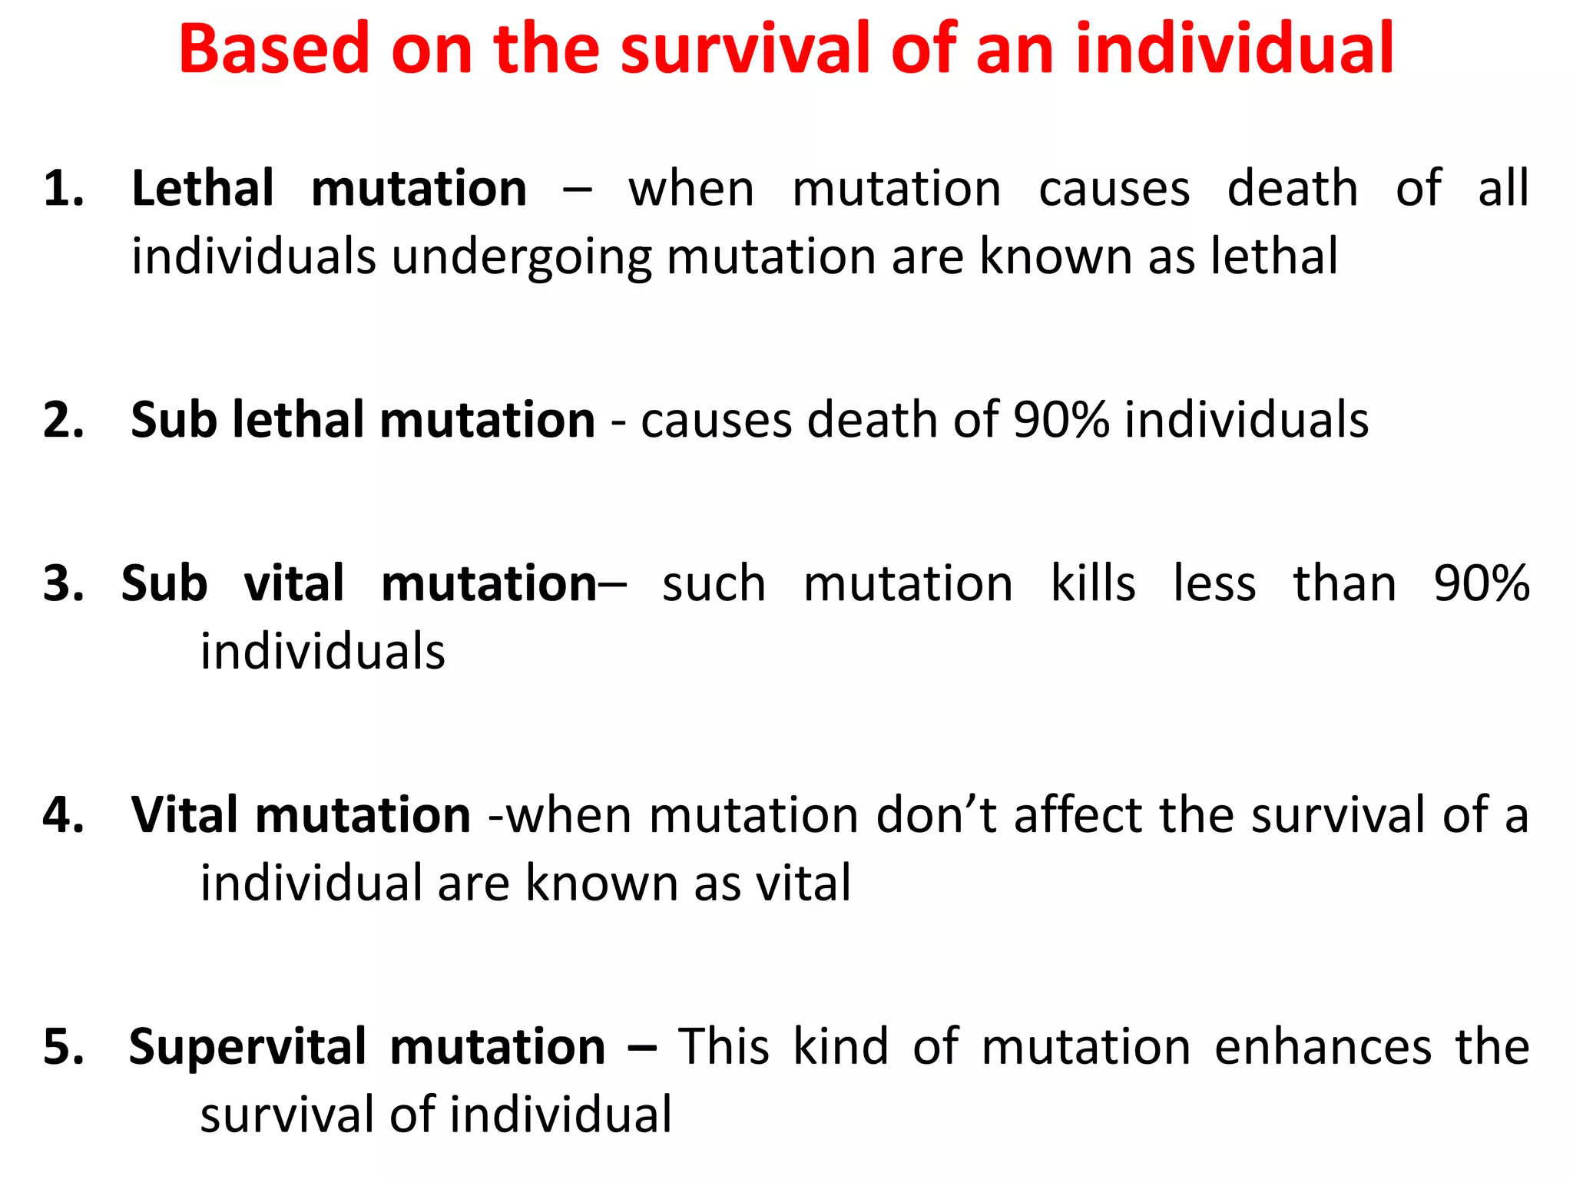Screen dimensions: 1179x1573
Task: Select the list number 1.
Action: [x=63, y=189]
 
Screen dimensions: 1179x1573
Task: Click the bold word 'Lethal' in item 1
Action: [x=203, y=189]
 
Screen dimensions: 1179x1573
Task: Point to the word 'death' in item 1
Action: [x=1293, y=189]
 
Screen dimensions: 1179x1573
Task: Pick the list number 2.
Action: [x=63, y=421]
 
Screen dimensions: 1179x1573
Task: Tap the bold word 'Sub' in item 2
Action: [x=174, y=421]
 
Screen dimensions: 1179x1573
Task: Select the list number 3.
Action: [x=63, y=584]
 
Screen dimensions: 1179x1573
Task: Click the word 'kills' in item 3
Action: [x=1093, y=584]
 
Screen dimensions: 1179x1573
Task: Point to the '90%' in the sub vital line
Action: [x=1482, y=584]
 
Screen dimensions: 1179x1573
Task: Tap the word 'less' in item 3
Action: [x=1214, y=584]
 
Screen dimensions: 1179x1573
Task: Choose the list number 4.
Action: [x=63, y=815]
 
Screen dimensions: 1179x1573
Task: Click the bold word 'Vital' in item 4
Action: [x=184, y=815]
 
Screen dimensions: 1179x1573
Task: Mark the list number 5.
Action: [x=63, y=1047]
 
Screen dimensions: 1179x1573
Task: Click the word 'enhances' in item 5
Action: [x=1323, y=1047]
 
